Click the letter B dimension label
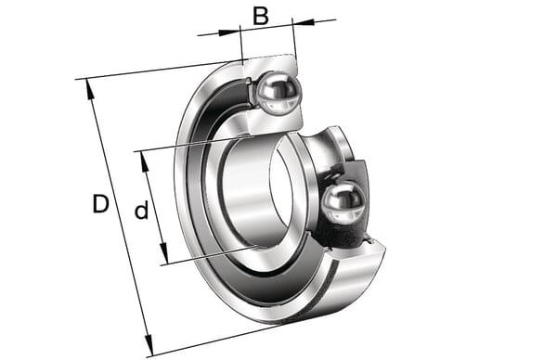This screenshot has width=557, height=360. tap(260, 16)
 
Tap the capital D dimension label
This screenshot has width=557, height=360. tap(100, 203)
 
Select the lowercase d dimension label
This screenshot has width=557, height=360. tap(141, 210)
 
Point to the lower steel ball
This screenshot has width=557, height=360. tap(343, 201)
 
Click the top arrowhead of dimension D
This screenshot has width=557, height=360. tap(90, 88)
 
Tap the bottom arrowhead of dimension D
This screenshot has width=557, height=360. tap(149, 345)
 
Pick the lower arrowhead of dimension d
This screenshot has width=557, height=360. tap(163, 253)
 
